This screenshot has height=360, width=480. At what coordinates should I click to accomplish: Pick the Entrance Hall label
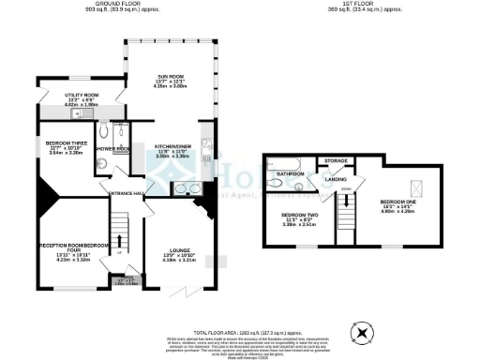pyautogui.click(x=124, y=193)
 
